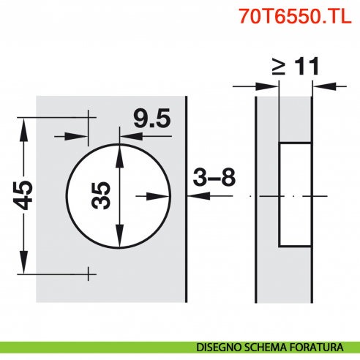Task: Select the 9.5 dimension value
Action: tap(151, 119)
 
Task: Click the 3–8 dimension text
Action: tap(214, 177)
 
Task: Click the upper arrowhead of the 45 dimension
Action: tap(25, 124)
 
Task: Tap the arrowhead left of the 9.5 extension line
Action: tap(80, 136)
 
